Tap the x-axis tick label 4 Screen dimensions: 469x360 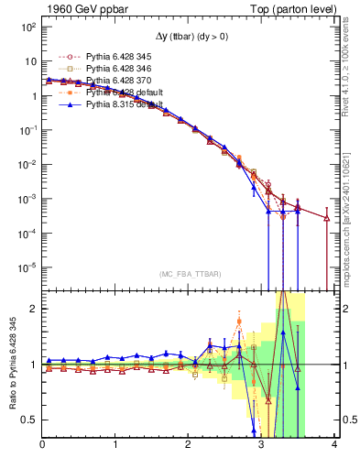(334, 444)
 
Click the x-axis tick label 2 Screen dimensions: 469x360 (189, 444)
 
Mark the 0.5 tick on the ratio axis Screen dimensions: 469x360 (28, 420)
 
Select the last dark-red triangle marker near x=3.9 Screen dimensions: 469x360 (327, 218)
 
